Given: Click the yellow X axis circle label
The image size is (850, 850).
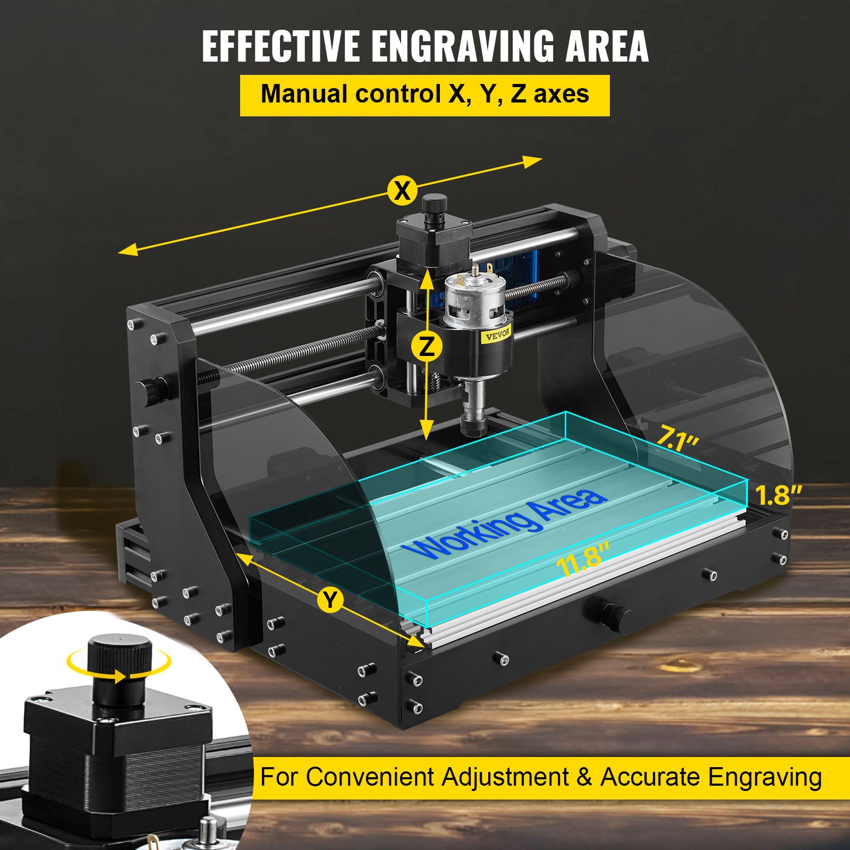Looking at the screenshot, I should tap(402, 190).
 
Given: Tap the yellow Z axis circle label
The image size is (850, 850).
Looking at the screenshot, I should tap(427, 347).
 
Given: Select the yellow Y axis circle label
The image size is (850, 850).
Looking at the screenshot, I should tap(330, 600).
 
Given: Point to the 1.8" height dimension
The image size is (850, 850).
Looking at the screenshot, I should tap(778, 495).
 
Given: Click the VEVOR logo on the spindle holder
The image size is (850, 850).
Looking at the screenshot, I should tap(497, 334).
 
